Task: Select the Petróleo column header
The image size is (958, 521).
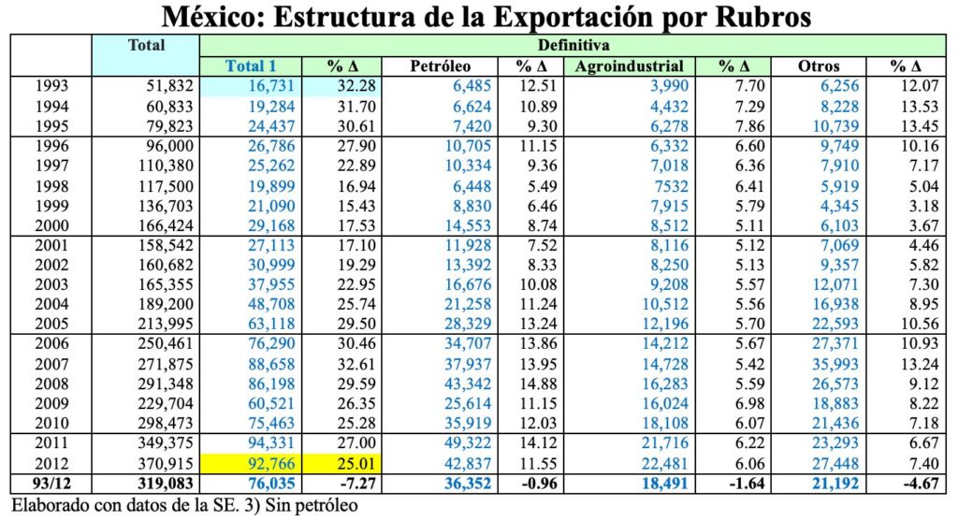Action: pos(441,66)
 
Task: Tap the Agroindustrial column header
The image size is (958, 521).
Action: pos(630,66)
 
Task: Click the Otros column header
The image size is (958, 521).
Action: pos(818,66)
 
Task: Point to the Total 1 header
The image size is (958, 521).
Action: pos(251,66)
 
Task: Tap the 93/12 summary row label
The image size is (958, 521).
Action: pos(50,485)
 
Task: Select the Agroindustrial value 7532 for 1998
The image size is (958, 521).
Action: pos(672,186)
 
